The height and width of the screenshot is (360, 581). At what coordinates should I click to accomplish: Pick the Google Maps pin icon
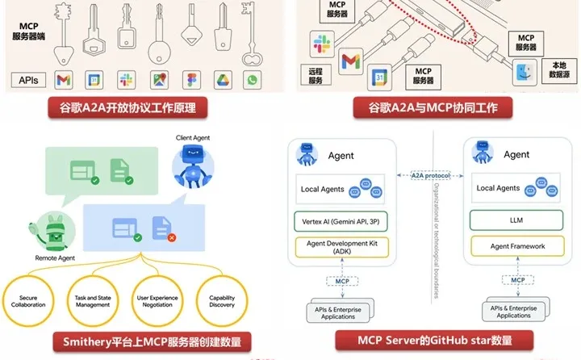[x=158, y=79]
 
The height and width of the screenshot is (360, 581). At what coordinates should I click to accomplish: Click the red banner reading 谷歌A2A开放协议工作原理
[x=128, y=107]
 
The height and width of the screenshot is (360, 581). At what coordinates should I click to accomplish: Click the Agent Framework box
[x=506, y=246]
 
